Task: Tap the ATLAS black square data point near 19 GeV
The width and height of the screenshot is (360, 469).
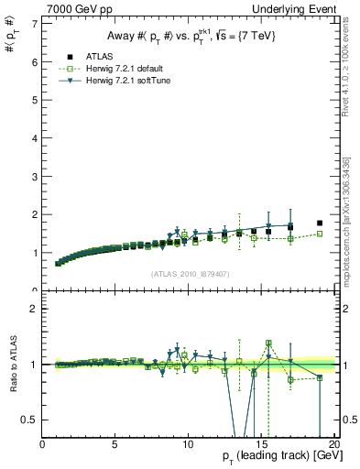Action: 320,223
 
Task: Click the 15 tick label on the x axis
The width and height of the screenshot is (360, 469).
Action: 259,444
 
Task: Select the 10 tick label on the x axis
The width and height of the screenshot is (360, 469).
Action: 187,444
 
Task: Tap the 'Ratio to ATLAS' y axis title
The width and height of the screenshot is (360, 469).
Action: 10,366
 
